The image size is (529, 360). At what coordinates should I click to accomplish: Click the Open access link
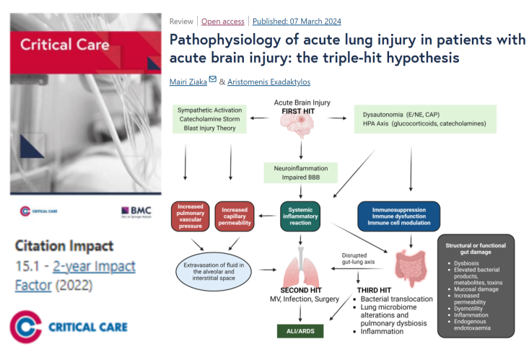222,21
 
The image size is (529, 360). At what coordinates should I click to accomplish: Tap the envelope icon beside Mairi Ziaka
212,79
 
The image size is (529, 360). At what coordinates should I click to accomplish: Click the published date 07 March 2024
297,21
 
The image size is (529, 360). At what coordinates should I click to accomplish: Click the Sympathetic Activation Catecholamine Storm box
210,118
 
